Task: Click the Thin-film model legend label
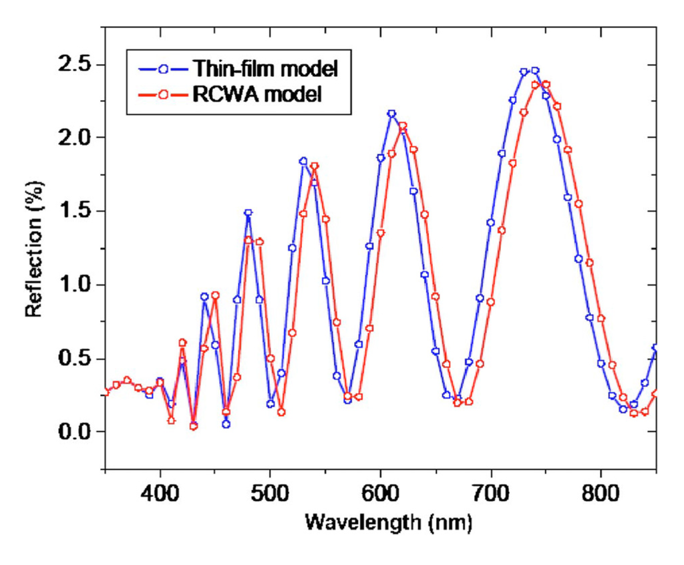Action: click(x=265, y=68)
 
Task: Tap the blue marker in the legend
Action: click(x=164, y=69)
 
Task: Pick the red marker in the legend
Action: click(x=164, y=96)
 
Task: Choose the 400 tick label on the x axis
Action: click(x=160, y=492)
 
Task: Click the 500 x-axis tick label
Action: click(x=271, y=492)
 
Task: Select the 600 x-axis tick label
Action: click(x=381, y=492)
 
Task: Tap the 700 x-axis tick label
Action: click(x=491, y=492)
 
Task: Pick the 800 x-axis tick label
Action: click(x=601, y=492)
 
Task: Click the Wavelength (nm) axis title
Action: click(x=389, y=522)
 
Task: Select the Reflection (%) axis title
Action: click(x=35, y=248)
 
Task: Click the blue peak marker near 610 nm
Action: click(x=391, y=114)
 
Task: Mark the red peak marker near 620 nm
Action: click(x=403, y=126)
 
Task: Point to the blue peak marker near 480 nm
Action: click(x=248, y=213)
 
